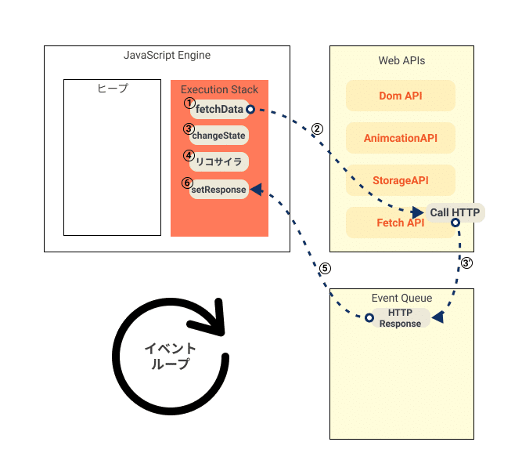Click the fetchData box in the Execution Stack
click(x=219, y=109)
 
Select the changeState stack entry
click(x=218, y=136)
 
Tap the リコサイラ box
click(x=220, y=162)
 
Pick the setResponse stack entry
click(x=219, y=189)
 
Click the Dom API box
click(x=400, y=96)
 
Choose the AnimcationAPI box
click(x=400, y=139)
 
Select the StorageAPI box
click(x=400, y=181)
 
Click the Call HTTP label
click(x=454, y=212)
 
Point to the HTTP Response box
click(x=400, y=318)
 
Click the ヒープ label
click(x=112, y=89)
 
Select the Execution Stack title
click(x=219, y=90)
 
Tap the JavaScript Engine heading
click(x=167, y=56)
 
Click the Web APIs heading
click(x=401, y=60)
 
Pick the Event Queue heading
click(x=401, y=298)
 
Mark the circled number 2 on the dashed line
click(x=317, y=129)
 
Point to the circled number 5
click(x=325, y=268)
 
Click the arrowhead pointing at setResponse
click(x=256, y=189)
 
